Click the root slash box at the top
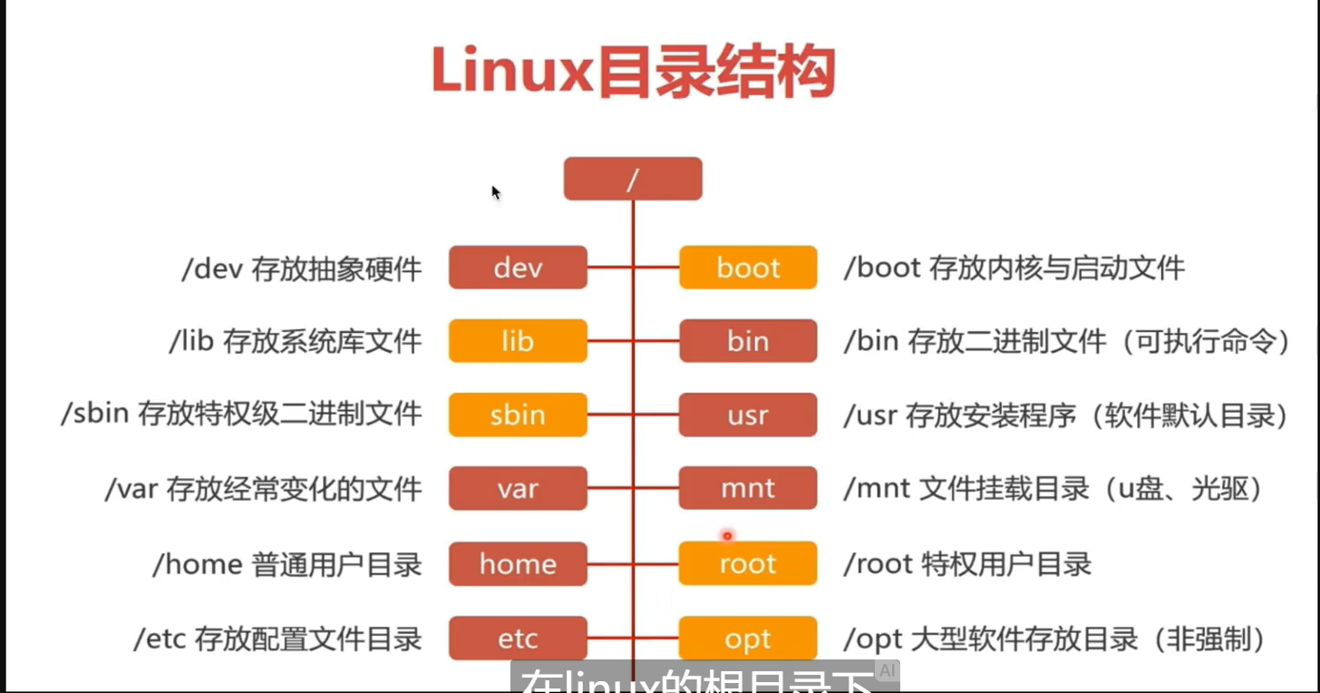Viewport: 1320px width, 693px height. point(633,179)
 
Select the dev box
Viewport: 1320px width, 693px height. point(518,268)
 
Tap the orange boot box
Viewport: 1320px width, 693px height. point(748,268)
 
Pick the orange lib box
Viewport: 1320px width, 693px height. point(518,342)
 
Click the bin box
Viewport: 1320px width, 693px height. point(748,342)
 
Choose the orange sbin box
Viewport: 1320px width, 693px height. point(518,415)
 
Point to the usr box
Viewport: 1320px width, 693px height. point(748,415)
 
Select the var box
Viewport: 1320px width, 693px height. point(518,490)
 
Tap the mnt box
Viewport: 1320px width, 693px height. point(748,490)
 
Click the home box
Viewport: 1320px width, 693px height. point(518,564)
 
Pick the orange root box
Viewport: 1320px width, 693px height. point(748,564)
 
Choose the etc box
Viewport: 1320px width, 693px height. point(518,639)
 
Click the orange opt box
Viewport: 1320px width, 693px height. point(748,639)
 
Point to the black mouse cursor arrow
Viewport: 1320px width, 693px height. point(496,192)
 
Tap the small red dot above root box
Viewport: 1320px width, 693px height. point(726,536)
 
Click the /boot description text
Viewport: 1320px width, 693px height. point(1014,268)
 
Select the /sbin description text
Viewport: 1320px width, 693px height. point(241,415)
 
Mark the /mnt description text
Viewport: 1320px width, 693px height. point(1053,490)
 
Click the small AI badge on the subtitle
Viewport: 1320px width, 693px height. point(887,671)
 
